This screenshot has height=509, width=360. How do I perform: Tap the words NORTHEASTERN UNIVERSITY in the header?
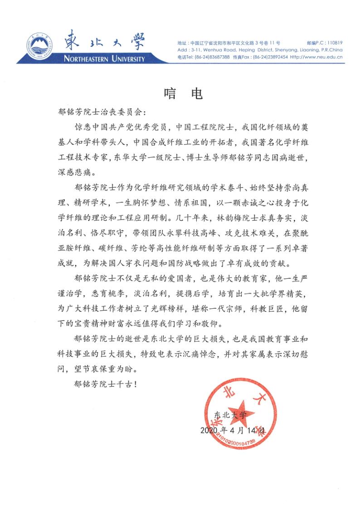tap(104, 59)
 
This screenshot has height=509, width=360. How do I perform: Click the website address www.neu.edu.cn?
tap(322, 58)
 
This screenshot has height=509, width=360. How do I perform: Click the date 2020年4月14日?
tap(235, 429)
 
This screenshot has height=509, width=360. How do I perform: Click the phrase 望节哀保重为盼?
tap(104, 368)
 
